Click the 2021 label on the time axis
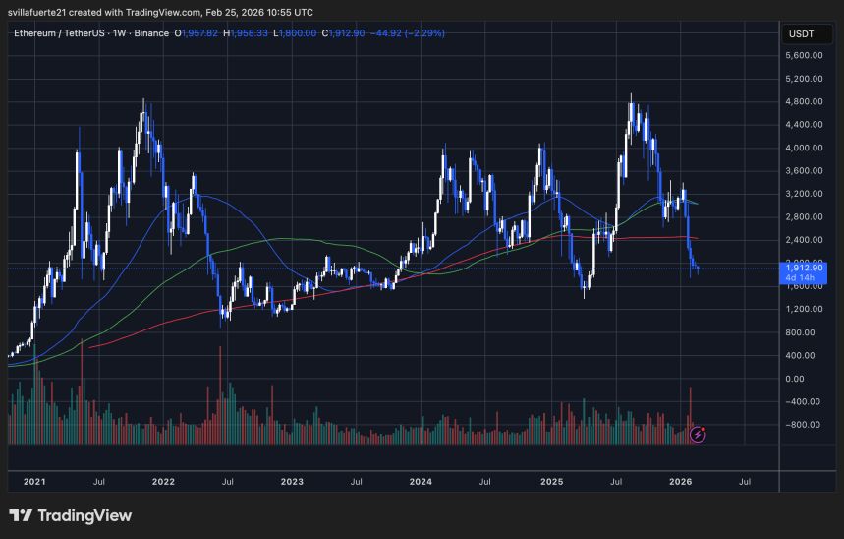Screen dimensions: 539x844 tap(34, 482)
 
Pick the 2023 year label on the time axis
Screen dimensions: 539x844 tap(292, 482)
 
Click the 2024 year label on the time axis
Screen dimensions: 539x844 tap(421, 482)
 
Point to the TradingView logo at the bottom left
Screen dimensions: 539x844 tap(70, 515)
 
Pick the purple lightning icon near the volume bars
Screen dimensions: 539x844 tap(698, 433)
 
